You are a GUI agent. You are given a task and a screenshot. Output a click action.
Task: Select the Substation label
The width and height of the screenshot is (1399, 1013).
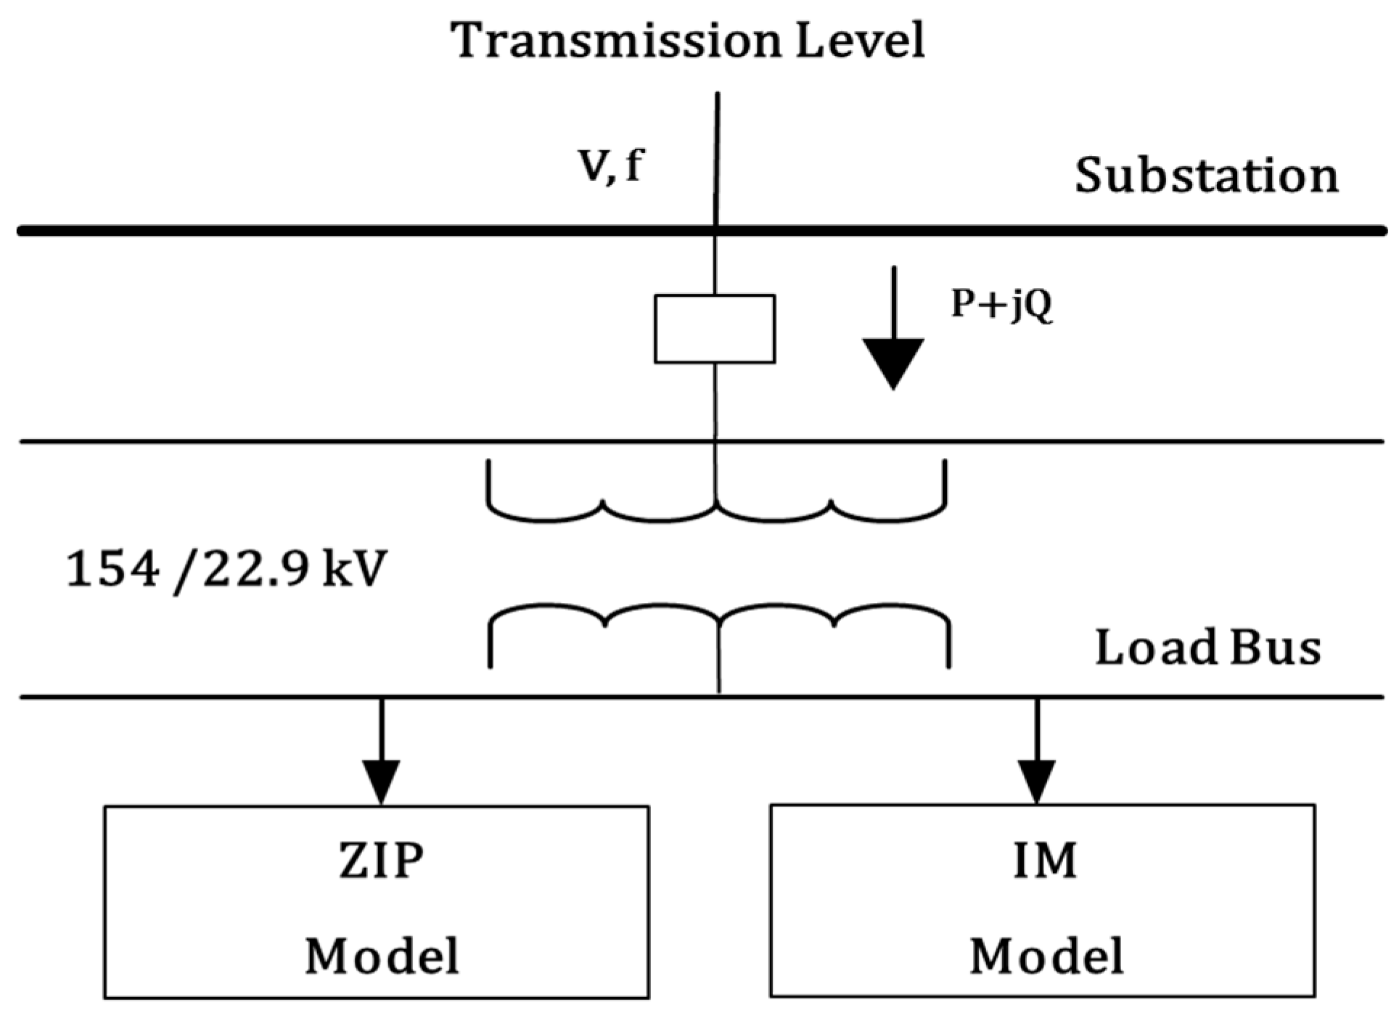[1206, 176]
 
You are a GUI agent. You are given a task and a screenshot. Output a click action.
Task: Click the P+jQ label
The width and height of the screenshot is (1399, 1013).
[1001, 305]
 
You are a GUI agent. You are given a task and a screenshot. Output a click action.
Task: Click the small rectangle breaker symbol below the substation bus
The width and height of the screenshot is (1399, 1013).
[715, 329]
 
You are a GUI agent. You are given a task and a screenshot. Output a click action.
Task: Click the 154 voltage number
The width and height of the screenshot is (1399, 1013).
[112, 570]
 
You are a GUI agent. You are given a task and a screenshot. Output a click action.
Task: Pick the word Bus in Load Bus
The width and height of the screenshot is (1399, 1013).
[1276, 647]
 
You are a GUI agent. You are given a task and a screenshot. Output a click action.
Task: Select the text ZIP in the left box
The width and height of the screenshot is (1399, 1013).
[382, 861]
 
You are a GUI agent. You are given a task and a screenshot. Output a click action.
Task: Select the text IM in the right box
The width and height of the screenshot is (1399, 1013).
[1045, 861]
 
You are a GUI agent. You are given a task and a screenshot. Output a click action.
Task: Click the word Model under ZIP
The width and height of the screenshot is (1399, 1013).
[382, 956]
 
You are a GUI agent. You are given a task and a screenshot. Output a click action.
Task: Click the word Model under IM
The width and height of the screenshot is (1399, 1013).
[1046, 956]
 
